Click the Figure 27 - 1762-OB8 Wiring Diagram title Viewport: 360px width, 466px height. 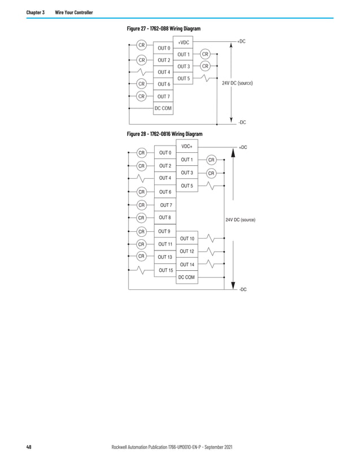(164, 29)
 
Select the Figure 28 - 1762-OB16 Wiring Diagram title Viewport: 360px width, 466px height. (164, 134)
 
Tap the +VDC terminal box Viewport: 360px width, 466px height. (183, 43)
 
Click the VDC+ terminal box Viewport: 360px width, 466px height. (187, 147)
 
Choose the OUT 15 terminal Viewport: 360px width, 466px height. (165, 270)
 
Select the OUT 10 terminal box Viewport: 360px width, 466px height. (187, 239)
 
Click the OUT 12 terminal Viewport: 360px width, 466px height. (187, 251)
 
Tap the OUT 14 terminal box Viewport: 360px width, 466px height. (187, 264)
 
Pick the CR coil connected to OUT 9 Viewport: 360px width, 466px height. (142, 231)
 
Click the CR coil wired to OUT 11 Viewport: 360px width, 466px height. (142, 244)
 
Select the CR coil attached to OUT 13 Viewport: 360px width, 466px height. (142, 257)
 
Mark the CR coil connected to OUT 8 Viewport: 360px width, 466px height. (142, 218)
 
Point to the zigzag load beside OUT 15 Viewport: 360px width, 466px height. (142, 270)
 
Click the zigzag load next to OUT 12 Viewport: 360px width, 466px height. (209, 251)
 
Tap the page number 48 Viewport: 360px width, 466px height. (29, 447)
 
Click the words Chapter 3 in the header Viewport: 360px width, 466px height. (36, 12)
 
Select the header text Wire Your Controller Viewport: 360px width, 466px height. (74, 12)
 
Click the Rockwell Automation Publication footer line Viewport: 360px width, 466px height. (173, 447)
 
